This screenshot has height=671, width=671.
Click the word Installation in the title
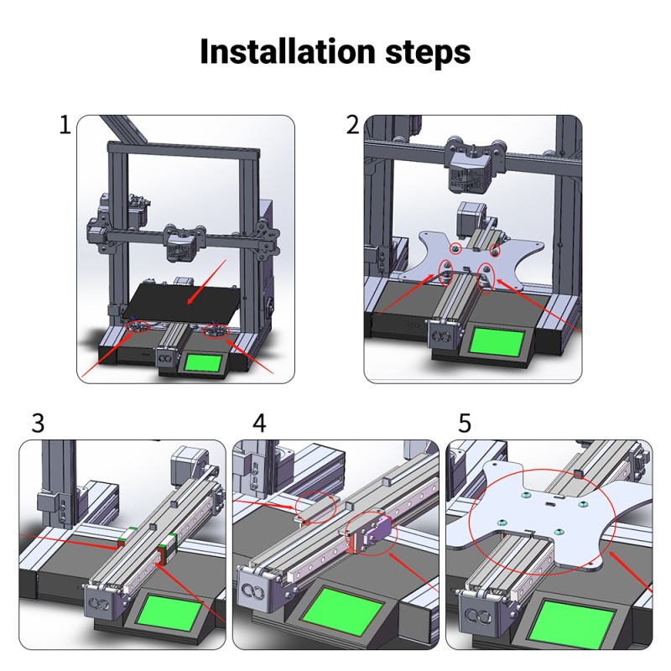tap(287, 51)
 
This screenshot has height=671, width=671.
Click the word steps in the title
tap(428, 54)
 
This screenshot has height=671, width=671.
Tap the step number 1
tap(65, 125)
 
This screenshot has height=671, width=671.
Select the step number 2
tap(352, 125)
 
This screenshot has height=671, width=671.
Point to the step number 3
tap(38, 423)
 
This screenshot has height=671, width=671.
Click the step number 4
tap(259, 423)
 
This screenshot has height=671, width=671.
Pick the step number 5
tap(465, 423)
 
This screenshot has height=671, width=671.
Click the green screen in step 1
tap(203, 363)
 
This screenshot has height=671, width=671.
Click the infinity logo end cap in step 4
tap(256, 591)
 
